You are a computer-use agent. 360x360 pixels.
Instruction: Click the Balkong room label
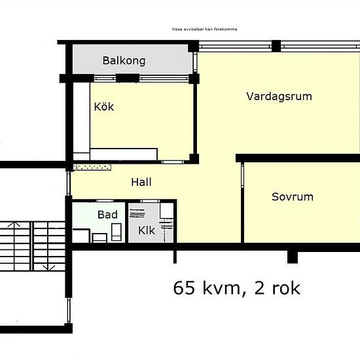pos(124,61)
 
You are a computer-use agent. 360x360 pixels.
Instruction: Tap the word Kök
pos(104,107)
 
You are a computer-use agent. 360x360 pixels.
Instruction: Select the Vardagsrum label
pos(279,96)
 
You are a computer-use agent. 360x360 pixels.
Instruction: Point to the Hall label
pos(141,183)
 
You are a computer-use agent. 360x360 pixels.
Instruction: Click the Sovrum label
pos(293,197)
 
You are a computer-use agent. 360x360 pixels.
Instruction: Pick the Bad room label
pos(107,215)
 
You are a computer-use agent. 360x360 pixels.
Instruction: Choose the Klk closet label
pos(147,230)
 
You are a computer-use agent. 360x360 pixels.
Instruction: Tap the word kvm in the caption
pos(221,289)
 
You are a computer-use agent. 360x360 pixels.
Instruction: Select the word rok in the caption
pos(286,288)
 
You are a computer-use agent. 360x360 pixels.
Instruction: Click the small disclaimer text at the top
pos(204,29)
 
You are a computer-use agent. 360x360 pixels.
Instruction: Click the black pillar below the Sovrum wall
pos(293,257)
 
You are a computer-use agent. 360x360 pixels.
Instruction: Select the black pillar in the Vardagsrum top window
pos(276,46)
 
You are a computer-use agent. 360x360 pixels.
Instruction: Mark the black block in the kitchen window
pos(128,78)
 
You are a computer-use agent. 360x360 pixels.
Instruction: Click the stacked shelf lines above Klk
pos(137,213)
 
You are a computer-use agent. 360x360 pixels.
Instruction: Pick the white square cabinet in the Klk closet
pos(167,210)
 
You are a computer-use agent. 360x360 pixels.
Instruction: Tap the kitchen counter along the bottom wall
pos(124,154)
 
